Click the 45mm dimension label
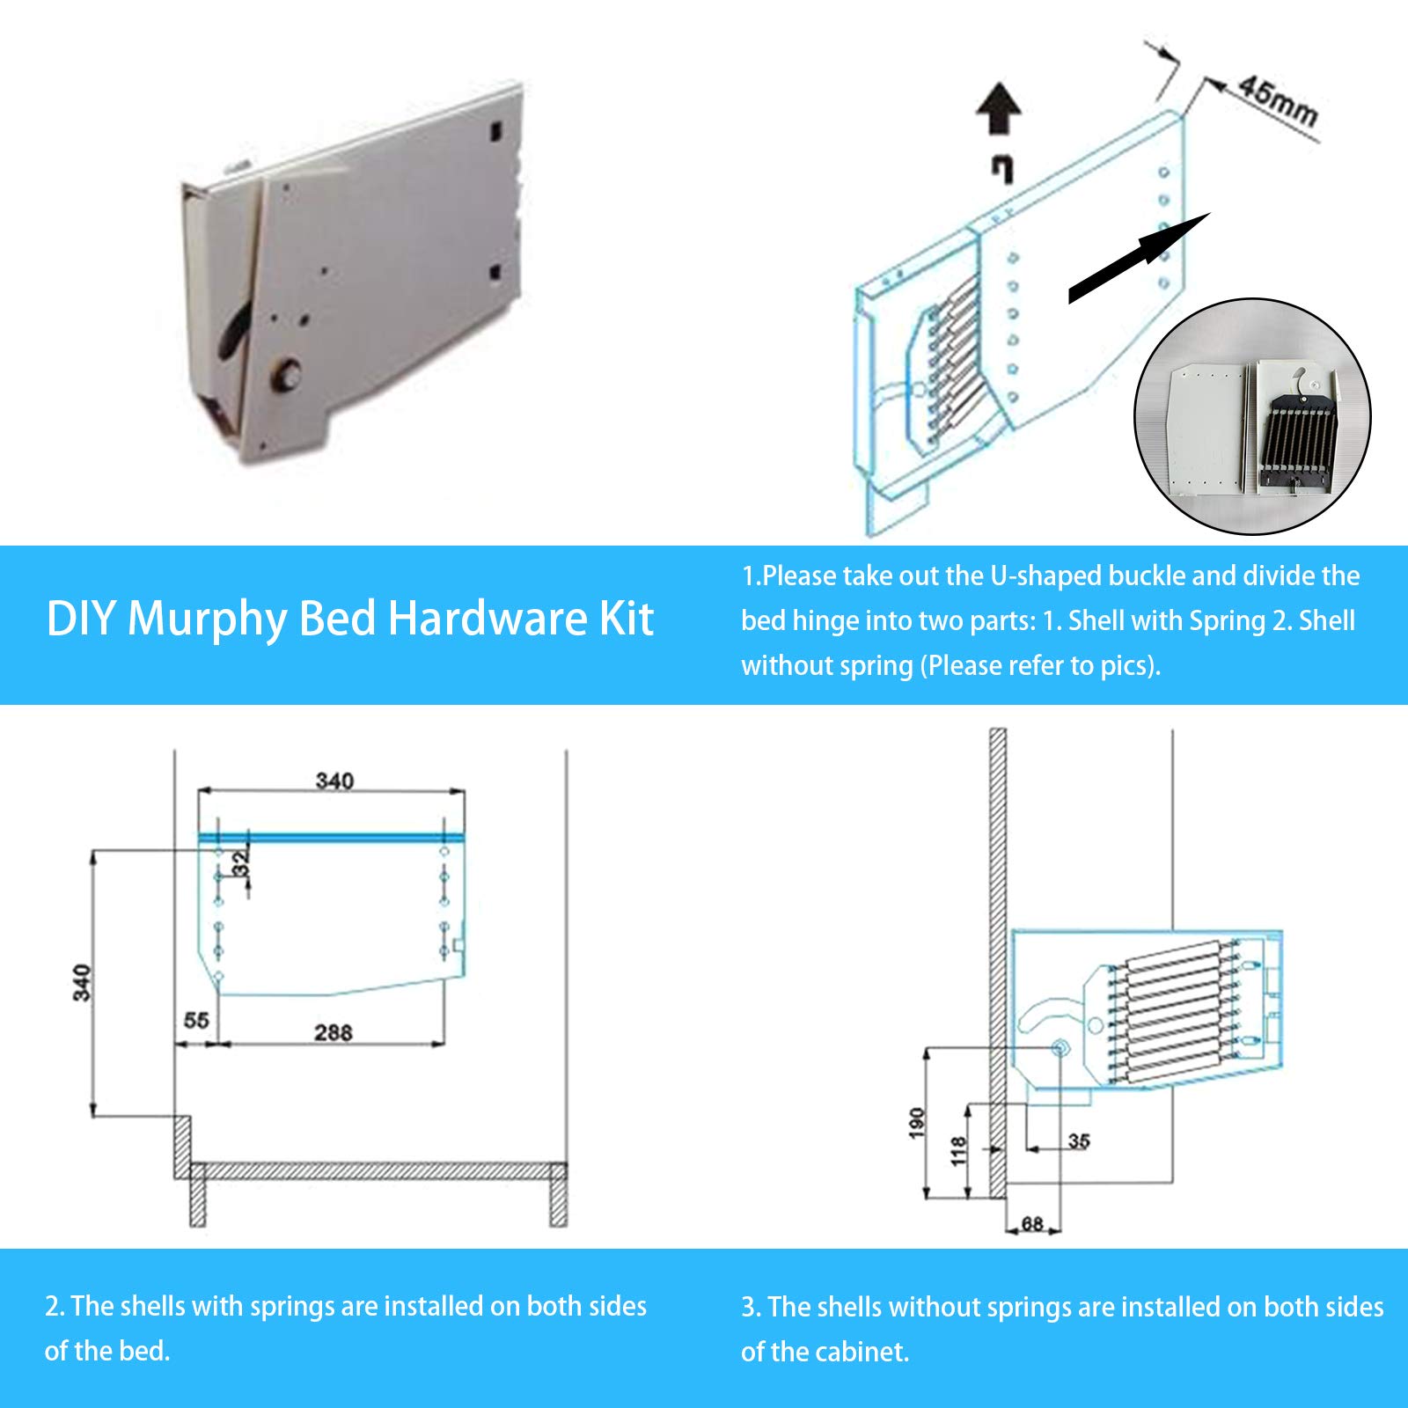tap(1278, 101)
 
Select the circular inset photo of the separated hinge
tap(1252, 416)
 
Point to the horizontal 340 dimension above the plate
tap(334, 781)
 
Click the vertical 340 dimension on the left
tap(82, 982)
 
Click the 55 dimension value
tap(196, 1020)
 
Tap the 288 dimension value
tap(334, 1031)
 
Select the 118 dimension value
tap(959, 1151)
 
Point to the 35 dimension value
tap(1079, 1141)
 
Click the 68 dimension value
tap(1032, 1223)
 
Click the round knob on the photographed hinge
tap(287, 374)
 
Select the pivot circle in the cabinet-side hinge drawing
tap(1060, 1047)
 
